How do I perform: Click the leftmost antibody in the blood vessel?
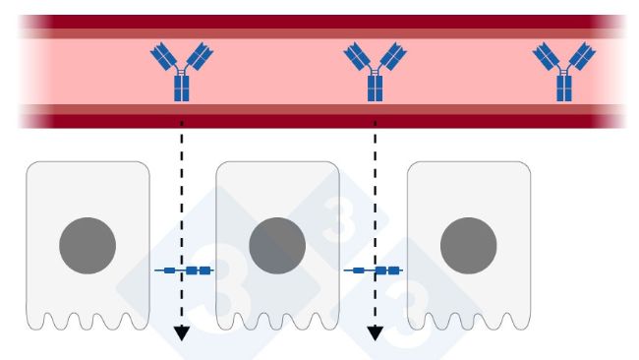pyautogui.click(x=182, y=72)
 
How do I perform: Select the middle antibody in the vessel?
pyautogui.click(x=374, y=72)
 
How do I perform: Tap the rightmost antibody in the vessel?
pyautogui.click(x=564, y=72)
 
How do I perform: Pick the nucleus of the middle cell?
pyautogui.click(x=277, y=246)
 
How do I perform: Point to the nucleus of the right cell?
pyautogui.click(x=468, y=246)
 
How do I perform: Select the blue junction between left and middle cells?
pyautogui.click(x=183, y=270)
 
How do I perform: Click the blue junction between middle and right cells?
pyautogui.click(x=375, y=270)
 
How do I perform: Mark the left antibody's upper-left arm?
pyautogui.click(x=162, y=55)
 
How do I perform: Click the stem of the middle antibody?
pyautogui.click(x=374, y=88)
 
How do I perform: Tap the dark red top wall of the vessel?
pyautogui.click(x=315, y=23)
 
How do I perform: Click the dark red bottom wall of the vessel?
pyautogui.click(x=315, y=117)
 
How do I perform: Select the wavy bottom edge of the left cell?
pyautogui.click(x=87, y=323)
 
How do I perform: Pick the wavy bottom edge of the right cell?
pyautogui.click(x=469, y=323)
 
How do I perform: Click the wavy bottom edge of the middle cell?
pyautogui.click(x=278, y=323)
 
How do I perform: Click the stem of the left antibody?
pyautogui.click(x=182, y=88)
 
